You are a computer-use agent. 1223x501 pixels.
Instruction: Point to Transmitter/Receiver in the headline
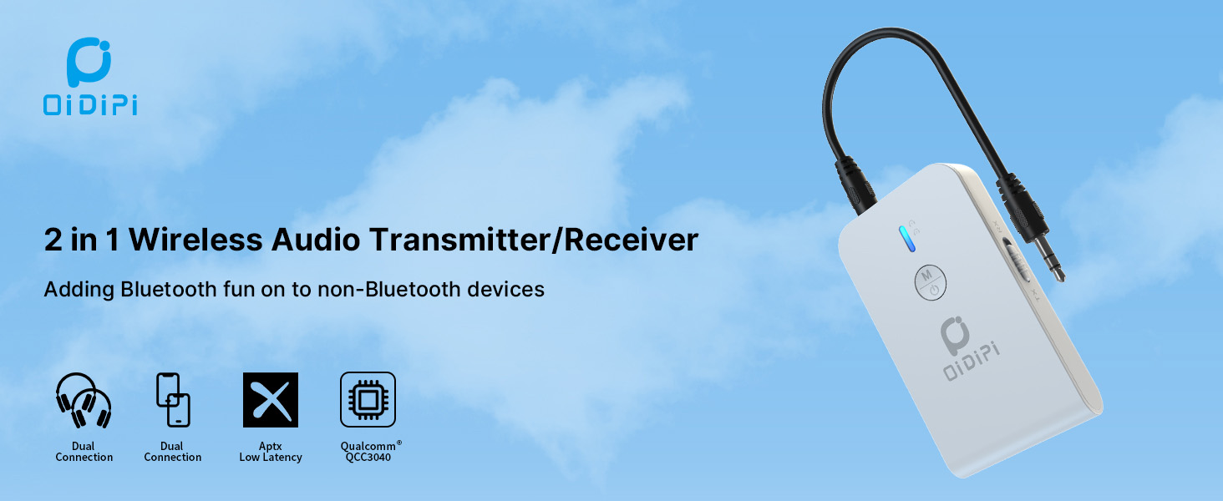535,240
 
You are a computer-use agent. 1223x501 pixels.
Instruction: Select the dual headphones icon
84,400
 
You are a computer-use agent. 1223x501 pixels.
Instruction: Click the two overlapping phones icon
173,400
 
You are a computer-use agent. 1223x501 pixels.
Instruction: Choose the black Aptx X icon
271,400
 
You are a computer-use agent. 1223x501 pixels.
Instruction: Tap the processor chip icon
368,400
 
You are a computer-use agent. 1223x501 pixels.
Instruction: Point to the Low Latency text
271,458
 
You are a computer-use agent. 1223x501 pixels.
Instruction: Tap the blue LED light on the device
905,238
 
